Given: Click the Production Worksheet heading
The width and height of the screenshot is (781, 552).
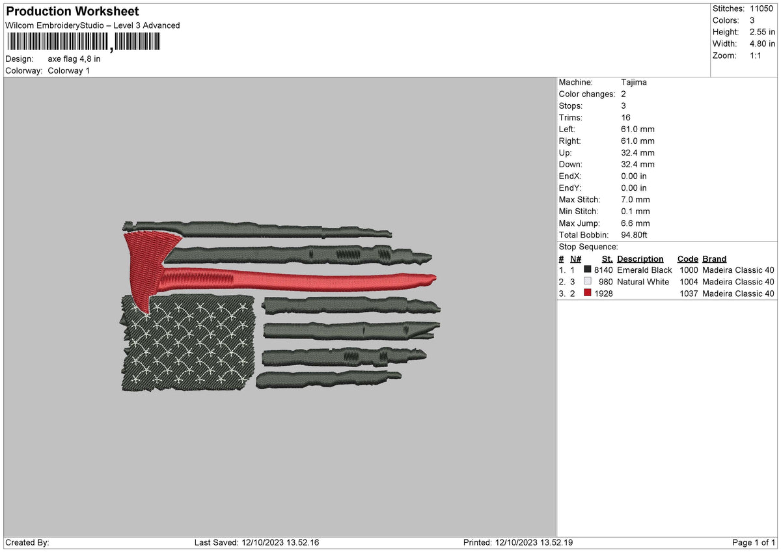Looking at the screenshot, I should click(x=72, y=12).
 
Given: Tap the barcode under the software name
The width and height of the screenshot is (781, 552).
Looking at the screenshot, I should click(x=83, y=42).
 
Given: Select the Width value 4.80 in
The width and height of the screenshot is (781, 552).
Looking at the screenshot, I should click(x=763, y=44).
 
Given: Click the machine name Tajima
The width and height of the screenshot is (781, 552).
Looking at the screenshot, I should click(x=634, y=83).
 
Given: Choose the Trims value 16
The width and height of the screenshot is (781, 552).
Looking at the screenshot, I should click(x=625, y=118).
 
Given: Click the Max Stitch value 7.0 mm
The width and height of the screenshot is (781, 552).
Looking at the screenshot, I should click(x=635, y=200).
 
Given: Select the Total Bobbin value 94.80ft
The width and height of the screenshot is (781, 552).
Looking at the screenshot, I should click(x=636, y=235).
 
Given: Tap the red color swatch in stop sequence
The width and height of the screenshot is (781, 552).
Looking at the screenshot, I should click(x=588, y=294).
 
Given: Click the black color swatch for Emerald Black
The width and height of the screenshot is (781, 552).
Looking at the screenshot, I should click(x=588, y=270).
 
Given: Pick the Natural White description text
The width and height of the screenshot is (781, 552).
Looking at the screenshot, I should click(x=642, y=282).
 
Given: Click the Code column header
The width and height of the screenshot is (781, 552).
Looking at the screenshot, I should click(x=687, y=259).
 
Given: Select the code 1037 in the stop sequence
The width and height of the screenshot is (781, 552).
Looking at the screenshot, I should click(x=687, y=294).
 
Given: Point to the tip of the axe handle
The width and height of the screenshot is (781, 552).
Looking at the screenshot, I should click(x=432, y=279).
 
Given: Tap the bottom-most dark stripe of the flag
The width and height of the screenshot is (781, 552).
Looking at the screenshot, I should click(x=325, y=379).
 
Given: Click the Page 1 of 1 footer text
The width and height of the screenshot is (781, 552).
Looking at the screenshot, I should click(x=754, y=542).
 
